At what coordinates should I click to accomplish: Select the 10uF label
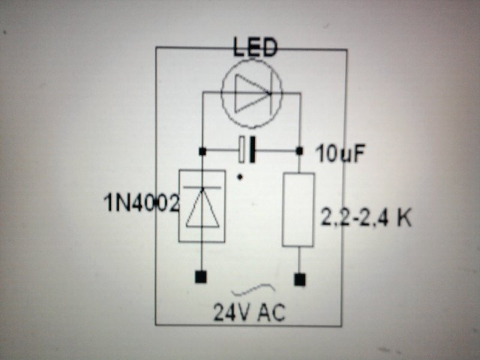point(340,154)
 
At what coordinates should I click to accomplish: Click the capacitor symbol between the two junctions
point(247,149)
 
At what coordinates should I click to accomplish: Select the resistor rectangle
point(298,209)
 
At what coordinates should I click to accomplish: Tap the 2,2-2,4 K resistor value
point(366,218)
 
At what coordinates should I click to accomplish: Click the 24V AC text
point(249,312)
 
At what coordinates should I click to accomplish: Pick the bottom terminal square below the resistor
point(299,279)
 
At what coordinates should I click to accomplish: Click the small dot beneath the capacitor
point(241,177)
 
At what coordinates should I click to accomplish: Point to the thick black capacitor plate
point(253,149)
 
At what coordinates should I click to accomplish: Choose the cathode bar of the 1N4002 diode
point(202,188)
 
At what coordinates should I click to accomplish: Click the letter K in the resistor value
point(404,218)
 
